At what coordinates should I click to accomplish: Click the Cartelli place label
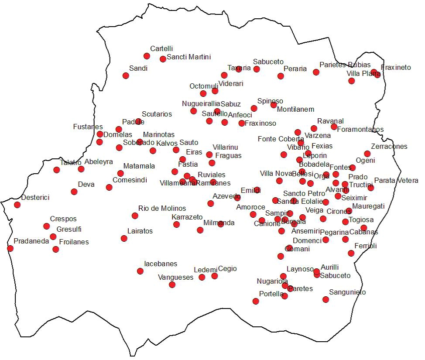point(161,48)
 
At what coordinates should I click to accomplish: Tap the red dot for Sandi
point(126,75)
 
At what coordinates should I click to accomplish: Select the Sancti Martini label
point(189,57)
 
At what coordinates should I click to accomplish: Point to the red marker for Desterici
point(17,205)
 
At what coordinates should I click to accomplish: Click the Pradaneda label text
point(31,241)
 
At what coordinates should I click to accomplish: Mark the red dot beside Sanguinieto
point(326,299)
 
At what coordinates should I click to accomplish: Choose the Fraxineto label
point(396,67)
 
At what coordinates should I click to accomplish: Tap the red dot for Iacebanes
point(140,271)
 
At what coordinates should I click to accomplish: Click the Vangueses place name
point(175,277)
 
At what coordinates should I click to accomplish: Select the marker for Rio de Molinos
point(135,216)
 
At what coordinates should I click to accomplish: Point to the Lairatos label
point(140,231)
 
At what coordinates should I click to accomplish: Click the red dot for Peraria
point(281,76)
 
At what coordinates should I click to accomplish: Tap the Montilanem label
point(295,109)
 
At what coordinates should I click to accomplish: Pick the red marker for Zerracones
point(367,154)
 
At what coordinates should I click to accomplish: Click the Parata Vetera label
point(396,180)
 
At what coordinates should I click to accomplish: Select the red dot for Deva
point(74,192)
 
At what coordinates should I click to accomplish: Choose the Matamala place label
point(139,166)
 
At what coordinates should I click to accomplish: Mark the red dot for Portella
point(256,301)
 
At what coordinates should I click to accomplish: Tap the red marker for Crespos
point(47,226)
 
